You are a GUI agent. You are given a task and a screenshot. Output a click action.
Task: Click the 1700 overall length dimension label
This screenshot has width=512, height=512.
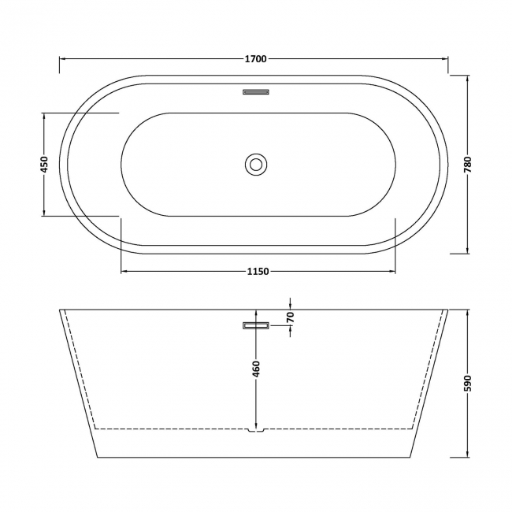pos(255,59)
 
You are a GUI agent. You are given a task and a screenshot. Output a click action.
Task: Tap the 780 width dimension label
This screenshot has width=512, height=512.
pos(468,164)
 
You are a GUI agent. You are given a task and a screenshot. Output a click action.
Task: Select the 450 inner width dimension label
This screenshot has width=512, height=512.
pos(44,164)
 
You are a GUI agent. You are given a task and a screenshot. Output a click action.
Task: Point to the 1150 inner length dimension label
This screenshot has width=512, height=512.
pos(258,273)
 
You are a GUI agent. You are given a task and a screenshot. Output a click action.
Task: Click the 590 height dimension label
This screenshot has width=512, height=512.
pos(468,384)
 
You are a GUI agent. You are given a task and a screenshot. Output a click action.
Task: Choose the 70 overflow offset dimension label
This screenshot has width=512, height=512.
pos(290,317)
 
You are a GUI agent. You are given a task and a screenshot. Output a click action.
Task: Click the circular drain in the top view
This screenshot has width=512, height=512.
pos(256,164)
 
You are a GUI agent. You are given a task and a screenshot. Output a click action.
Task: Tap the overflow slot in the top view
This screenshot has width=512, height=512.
pos(256,91)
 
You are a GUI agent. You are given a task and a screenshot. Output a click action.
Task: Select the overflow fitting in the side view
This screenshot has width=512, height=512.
pos(256,324)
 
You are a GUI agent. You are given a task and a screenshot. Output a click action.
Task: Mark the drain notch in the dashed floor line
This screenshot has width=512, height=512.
pos(256,430)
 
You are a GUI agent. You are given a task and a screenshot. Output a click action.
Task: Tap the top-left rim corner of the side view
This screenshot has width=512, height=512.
pos(61,310)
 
